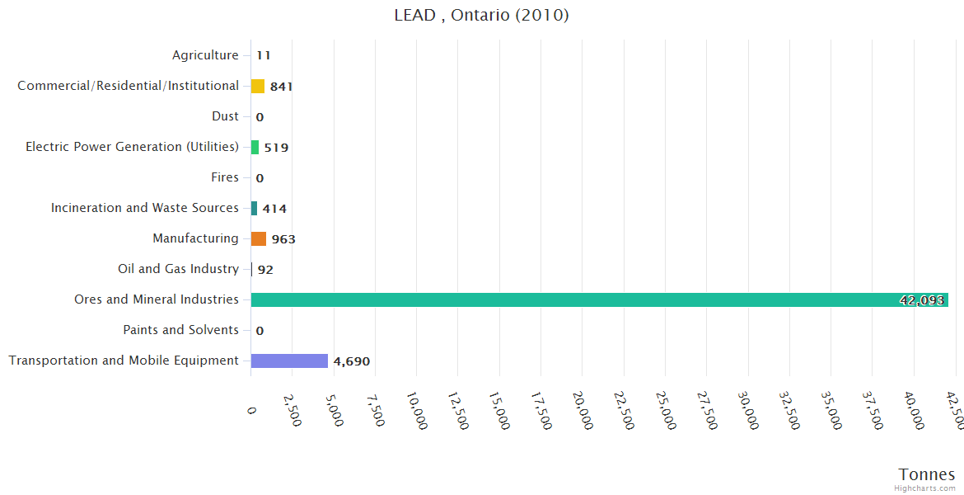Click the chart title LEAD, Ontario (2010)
click(x=481, y=16)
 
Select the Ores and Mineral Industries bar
click(x=599, y=299)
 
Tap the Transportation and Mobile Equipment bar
click(x=289, y=361)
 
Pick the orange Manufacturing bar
click(x=259, y=238)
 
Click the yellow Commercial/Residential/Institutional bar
click(x=258, y=86)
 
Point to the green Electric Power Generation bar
click(x=255, y=147)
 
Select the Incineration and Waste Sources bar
click(x=255, y=208)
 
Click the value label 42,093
click(x=921, y=300)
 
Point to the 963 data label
click(x=283, y=239)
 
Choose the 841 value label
click(x=282, y=87)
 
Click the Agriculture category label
click(x=205, y=55)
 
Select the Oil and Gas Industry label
click(x=178, y=269)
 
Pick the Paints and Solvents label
click(x=180, y=330)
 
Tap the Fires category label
click(x=225, y=177)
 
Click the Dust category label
click(x=225, y=116)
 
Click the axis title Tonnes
click(x=926, y=474)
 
